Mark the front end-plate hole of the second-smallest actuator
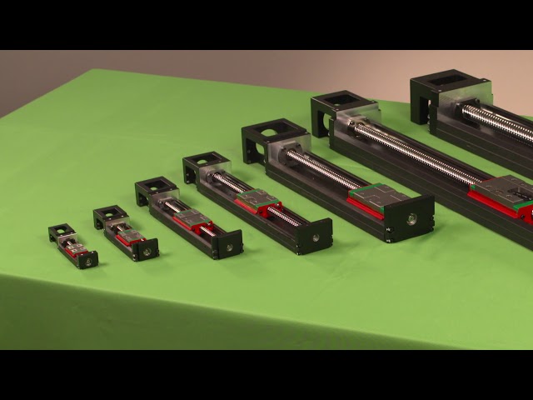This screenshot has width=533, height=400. point(147,250)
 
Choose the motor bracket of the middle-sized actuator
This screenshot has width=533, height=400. point(205,166)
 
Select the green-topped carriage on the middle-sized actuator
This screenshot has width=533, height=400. point(257,201)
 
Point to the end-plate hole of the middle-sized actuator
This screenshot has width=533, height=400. point(316,237)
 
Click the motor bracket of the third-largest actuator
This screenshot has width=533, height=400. point(273,140)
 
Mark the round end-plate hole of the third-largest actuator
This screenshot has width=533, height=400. point(412,218)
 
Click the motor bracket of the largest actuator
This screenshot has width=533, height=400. point(448,91)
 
